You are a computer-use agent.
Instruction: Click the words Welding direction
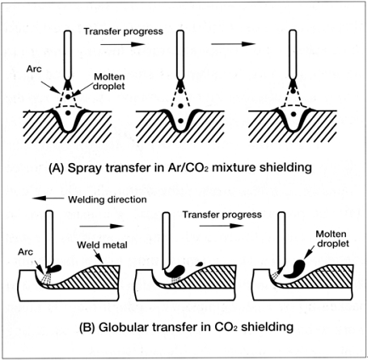point(107,200)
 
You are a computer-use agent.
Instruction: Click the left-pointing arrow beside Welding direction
point(48,199)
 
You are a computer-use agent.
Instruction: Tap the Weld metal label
point(102,245)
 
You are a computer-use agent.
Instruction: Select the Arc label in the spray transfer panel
point(34,69)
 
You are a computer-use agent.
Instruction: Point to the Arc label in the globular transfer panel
point(25,251)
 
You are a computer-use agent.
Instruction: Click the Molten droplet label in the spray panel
point(110,82)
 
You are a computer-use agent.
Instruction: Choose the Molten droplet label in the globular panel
point(331,239)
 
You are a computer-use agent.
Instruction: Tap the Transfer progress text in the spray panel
point(123,31)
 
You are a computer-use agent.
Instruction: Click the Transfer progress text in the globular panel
point(222,215)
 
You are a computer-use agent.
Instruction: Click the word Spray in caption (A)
point(82,167)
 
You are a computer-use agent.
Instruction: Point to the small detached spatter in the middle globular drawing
point(199,263)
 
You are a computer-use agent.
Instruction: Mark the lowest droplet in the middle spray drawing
point(180,121)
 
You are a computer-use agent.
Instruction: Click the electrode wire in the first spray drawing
point(68,55)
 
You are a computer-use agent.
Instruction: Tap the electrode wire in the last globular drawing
point(281,240)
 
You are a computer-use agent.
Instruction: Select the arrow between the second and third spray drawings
point(234,44)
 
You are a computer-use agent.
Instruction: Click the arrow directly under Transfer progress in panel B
point(221,226)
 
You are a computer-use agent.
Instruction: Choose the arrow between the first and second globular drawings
point(102,226)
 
